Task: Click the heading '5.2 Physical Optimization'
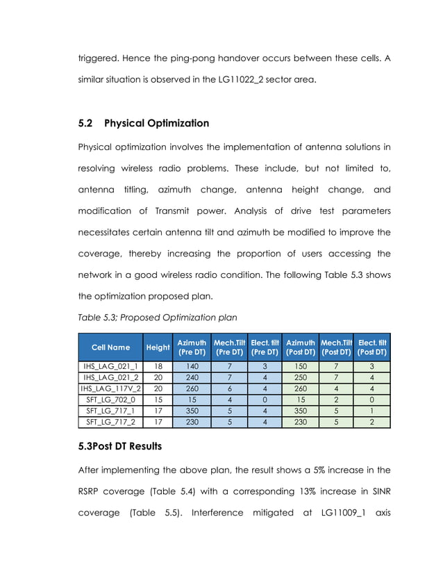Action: pyautogui.click(x=143, y=123)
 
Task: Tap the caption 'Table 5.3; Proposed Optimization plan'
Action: pyautogui.click(x=157, y=317)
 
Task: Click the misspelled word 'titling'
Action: pyautogui.click(x=133, y=190)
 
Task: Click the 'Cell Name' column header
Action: pyautogui.click(x=110, y=347)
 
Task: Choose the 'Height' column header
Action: pyautogui.click(x=158, y=347)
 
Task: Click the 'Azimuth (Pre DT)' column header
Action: pyautogui.click(x=192, y=347)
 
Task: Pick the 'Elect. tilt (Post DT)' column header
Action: pyautogui.click(x=372, y=347)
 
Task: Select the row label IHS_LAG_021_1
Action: pyautogui.click(x=110, y=366)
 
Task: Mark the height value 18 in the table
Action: pyautogui.click(x=158, y=366)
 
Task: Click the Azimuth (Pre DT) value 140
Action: pyautogui.click(x=192, y=366)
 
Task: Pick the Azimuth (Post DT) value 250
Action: pyautogui.click(x=300, y=378)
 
